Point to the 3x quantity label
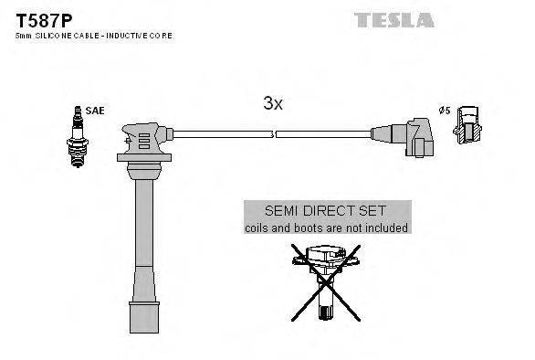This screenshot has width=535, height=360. [x=273, y=104]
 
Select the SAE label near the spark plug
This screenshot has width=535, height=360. [x=97, y=111]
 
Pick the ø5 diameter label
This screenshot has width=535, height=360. [x=445, y=111]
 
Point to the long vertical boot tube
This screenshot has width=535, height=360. [x=142, y=238]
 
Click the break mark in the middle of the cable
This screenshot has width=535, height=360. [x=275, y=135]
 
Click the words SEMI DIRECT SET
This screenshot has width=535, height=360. [x=326, y=210]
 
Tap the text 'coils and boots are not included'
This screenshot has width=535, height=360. [x=326, y=228]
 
